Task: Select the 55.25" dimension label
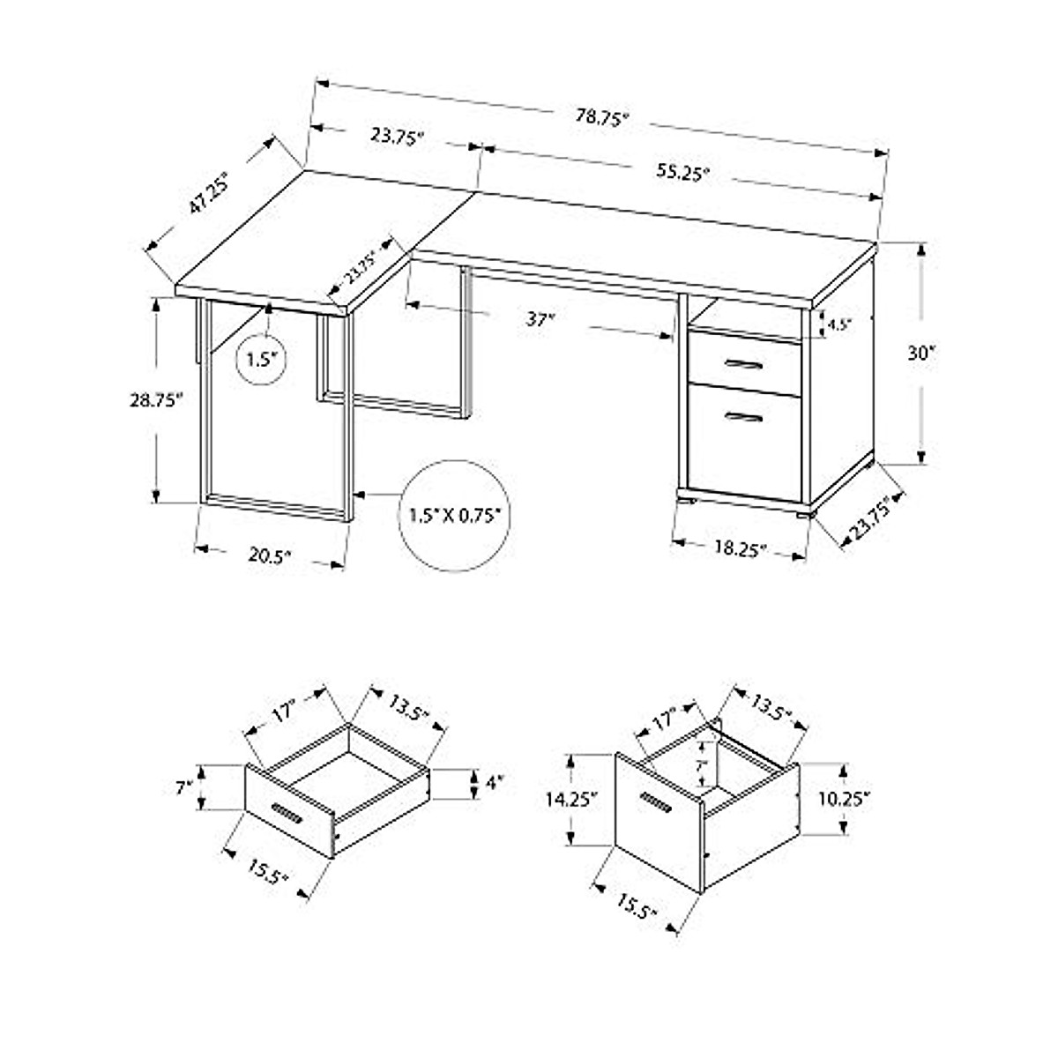[x=682, y=174]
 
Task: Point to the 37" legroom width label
[x=540, y=319]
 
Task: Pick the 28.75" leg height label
[x=154, y=399]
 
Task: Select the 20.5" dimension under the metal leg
[x=269, y=555]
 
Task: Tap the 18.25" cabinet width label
[x=740, y=548]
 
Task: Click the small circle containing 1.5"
[x=262, y=359]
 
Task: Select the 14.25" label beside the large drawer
[x=570, y=799]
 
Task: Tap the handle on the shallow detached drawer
[x=287, y=814]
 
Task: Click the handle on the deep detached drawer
[x=656, y=804]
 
